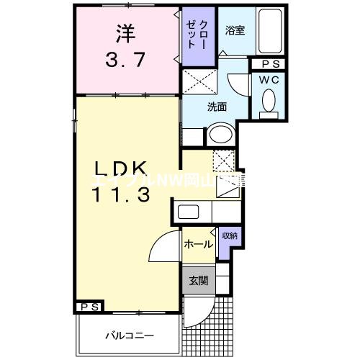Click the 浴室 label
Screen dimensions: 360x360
pyautogui.click(x=235, y=30)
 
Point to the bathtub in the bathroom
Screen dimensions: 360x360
pyautogui.click(x=271, y=32)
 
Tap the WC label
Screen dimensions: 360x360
pyautogui.click(x=271, y=80)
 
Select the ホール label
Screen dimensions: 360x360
pyautogui.click(x=197, y=244)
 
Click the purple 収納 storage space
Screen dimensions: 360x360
pyautogui.click(x=230, y=238)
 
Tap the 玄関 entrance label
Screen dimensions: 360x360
pyautogui.click(x=197, y=281)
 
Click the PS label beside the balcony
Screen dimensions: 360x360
pyautogui.click(x=89, y=307)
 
